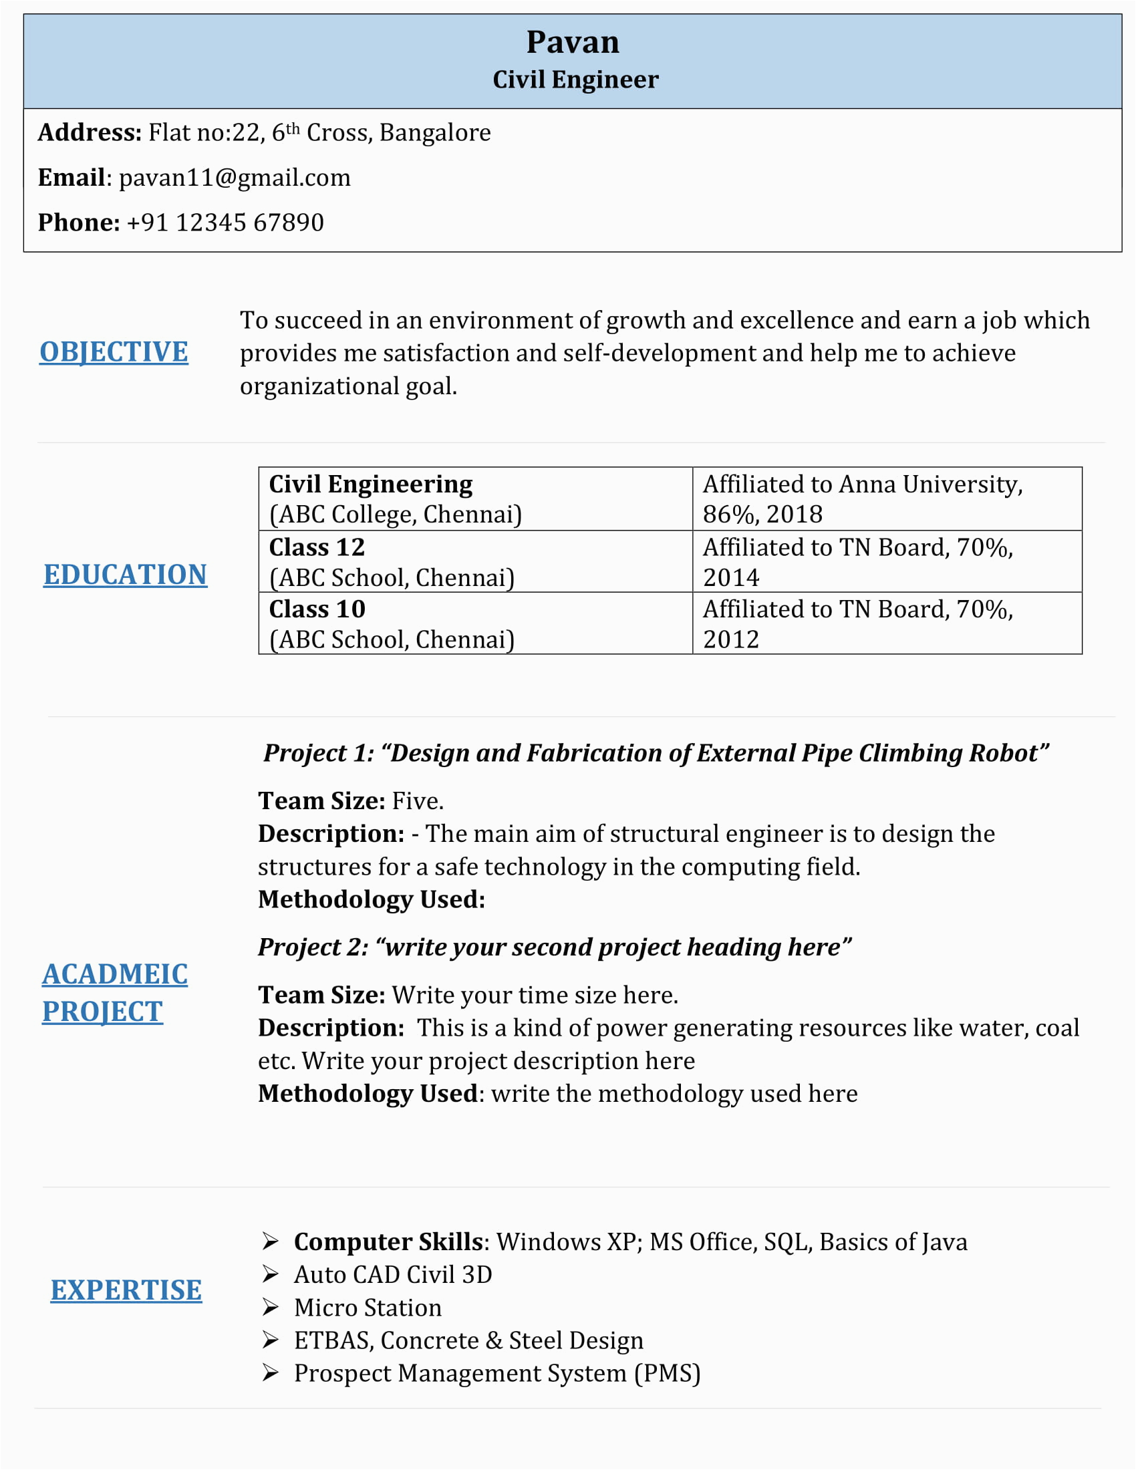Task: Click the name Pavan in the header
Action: tap(572, 42)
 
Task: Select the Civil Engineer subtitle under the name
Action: tap(575, 80)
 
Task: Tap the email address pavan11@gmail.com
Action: tap(235, 178)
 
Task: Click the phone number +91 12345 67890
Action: tap(225, 223)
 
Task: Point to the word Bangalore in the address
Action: tap(435, 132)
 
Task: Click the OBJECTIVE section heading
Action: tap(114, 352)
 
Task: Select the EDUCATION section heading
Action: tap(125, 574)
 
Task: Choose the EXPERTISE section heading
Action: tap(126, 1290)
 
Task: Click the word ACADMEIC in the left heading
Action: tap(115, 974)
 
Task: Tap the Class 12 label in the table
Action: tap(317, 547)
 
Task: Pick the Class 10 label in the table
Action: tap(317, 609)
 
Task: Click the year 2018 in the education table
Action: tap(794, 514)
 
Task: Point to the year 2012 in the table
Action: tap(731, 639)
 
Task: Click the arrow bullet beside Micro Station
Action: tap(271, 1307)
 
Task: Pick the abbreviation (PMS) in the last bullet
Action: tap(667, 1373)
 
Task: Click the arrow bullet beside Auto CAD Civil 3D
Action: tap(271, 1274)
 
